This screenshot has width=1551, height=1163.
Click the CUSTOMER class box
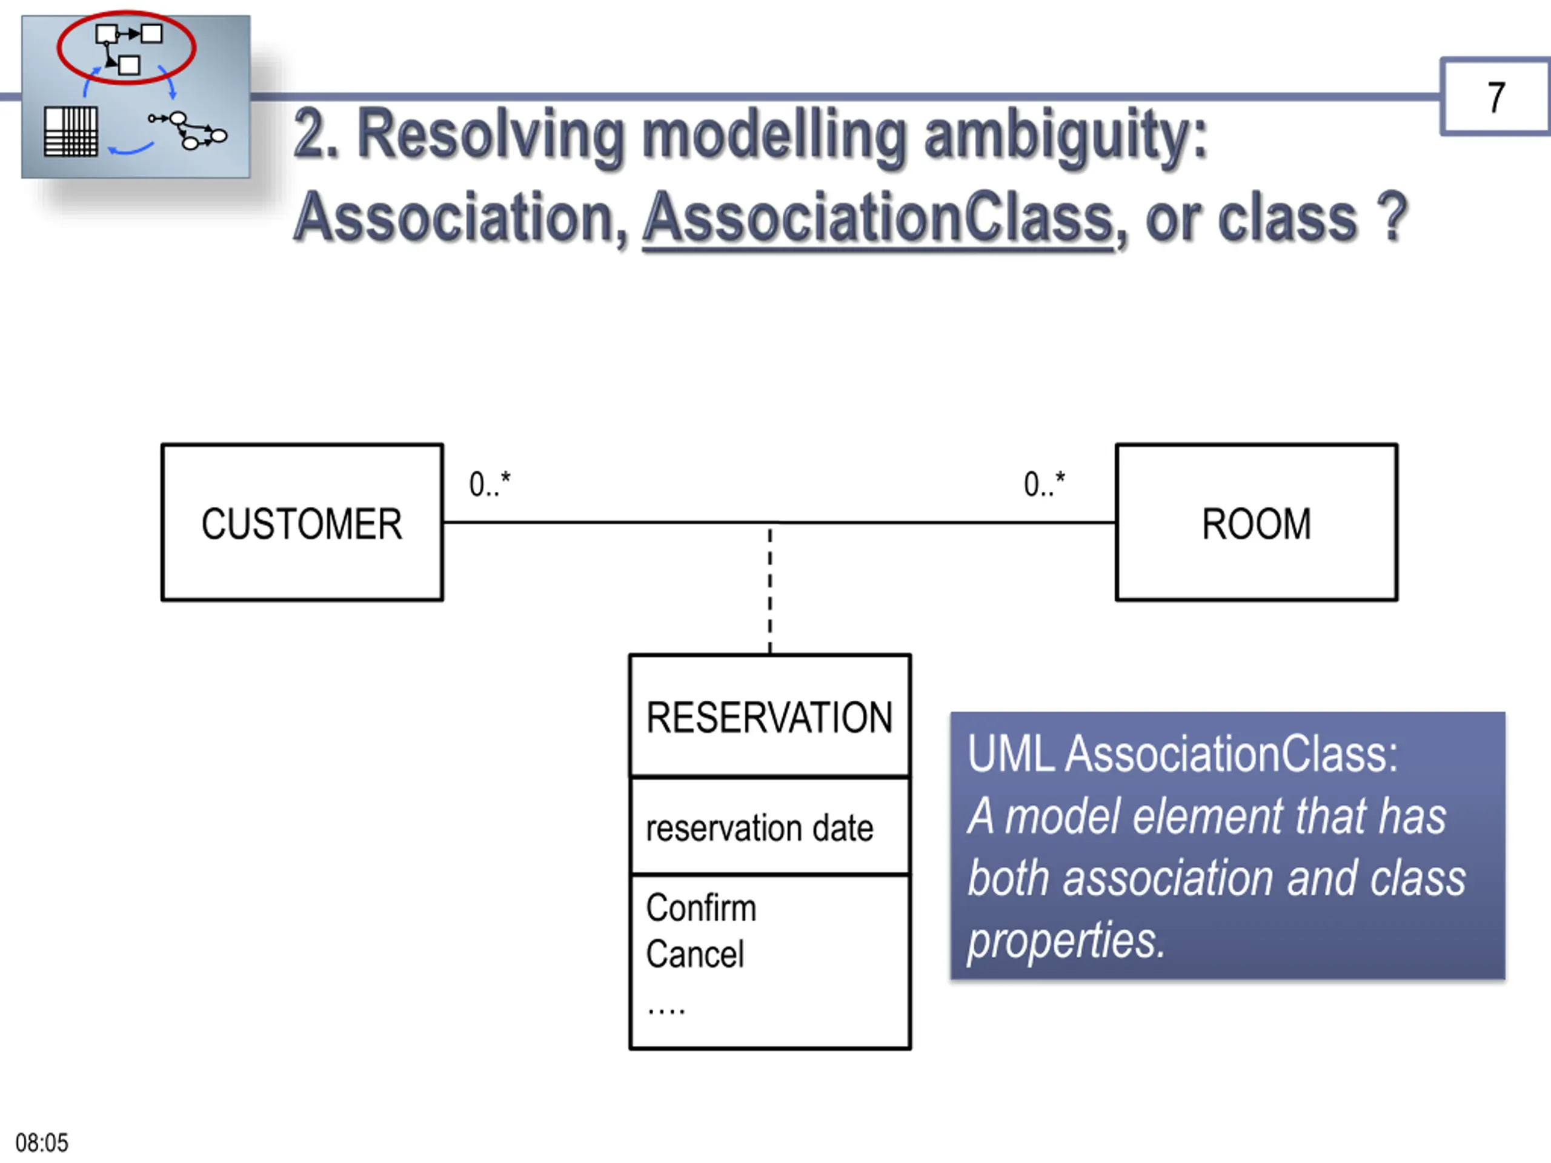click(302, 522)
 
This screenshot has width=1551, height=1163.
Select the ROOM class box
click(1257, 522)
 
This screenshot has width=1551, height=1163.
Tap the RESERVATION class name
click(769, 717)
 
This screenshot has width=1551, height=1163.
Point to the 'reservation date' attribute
click(759, 828)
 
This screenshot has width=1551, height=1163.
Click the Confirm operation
click(701, 908)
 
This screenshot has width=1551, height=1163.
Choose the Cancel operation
click(695, 954)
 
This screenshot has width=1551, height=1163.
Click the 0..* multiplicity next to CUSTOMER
click(490, 484)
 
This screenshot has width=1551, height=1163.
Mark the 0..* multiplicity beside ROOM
click(1044, 484)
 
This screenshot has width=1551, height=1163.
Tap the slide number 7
click(1496, 97)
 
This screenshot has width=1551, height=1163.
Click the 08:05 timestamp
click(42, 1142)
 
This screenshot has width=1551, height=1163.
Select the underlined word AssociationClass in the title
click(878, 218)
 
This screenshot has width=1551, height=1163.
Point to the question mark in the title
click(1392, 216)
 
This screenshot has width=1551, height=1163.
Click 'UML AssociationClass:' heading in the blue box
click(1182, 754)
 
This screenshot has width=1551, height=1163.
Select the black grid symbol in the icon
click(71, 131)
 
